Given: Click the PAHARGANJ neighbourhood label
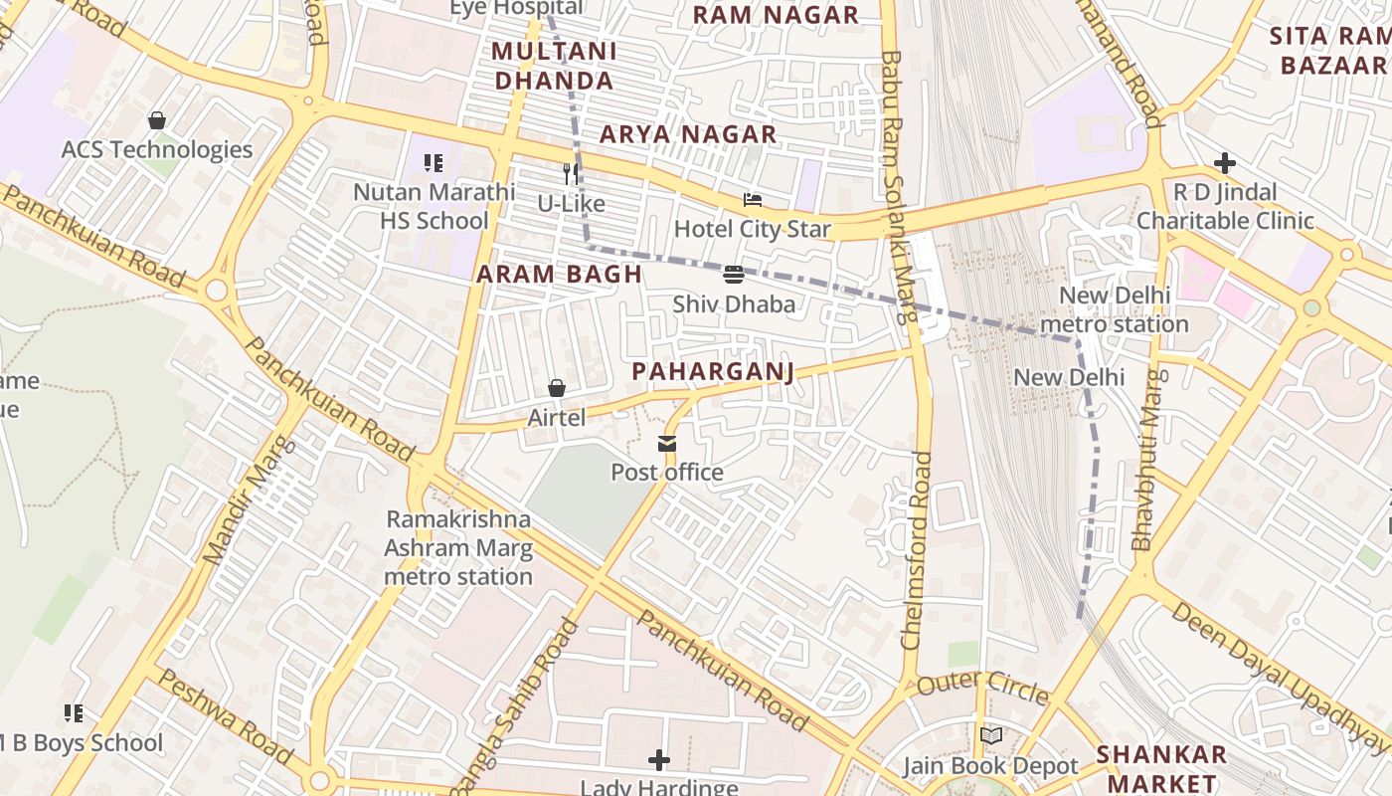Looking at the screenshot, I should coord(713,372).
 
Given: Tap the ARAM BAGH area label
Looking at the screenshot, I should coord(559,274).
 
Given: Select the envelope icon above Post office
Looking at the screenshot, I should coord(666,443).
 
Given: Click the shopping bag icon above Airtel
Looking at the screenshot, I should coord(557,388).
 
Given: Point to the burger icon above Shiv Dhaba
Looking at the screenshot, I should coord(734,275).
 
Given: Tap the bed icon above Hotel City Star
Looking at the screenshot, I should coord(753,200).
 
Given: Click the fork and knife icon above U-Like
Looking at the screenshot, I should coord(571,174).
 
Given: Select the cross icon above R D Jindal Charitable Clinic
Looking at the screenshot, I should coord(1225,163).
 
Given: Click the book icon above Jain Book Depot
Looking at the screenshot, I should coord(990,736).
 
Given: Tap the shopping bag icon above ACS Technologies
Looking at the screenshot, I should coord(157,120).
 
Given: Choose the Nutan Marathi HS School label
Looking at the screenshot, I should coord(435,206).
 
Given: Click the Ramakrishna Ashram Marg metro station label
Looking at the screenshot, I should coord(458,547).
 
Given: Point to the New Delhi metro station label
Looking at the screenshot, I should coord(1114,309).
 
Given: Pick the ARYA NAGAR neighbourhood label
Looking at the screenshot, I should coord(688,134).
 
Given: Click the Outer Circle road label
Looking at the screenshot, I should coord(982,688).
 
